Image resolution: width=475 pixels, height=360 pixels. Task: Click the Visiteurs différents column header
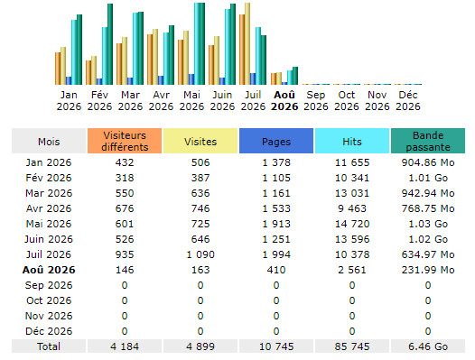click(125, 141)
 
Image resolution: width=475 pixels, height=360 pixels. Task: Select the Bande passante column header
click(428, 141)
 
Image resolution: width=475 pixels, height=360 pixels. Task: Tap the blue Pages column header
click(276, 141)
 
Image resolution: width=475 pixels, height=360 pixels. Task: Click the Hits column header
click(352, 141)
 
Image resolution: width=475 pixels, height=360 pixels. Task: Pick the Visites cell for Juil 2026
click(200, 254)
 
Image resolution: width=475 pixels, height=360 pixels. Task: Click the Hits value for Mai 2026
click(352, 224)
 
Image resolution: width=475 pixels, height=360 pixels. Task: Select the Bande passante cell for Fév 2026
click(428, 178)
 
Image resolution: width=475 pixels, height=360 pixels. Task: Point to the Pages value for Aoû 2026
click(276, 270)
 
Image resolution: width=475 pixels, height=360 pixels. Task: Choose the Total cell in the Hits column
click(352, 346)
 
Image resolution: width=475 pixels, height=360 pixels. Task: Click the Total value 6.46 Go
click(428, 346)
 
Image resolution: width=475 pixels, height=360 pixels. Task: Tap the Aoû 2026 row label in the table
click(49, 270)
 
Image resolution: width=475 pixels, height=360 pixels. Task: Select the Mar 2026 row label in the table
click(49, 193)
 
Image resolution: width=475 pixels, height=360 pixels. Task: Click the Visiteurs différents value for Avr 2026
click(125, 208)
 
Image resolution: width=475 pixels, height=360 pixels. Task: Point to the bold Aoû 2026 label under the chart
click(284, 100)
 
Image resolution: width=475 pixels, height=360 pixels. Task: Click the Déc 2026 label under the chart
click(408, 100)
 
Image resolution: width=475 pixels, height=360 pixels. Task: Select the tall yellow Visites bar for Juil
click(247, 43)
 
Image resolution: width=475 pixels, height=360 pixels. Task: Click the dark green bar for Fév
click(110, 44)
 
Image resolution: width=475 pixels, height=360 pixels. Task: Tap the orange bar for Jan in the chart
click(58, 69)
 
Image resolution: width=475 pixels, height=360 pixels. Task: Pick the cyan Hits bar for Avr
click(166, 59)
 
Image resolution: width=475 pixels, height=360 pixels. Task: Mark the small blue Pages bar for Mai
click(191, 79)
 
